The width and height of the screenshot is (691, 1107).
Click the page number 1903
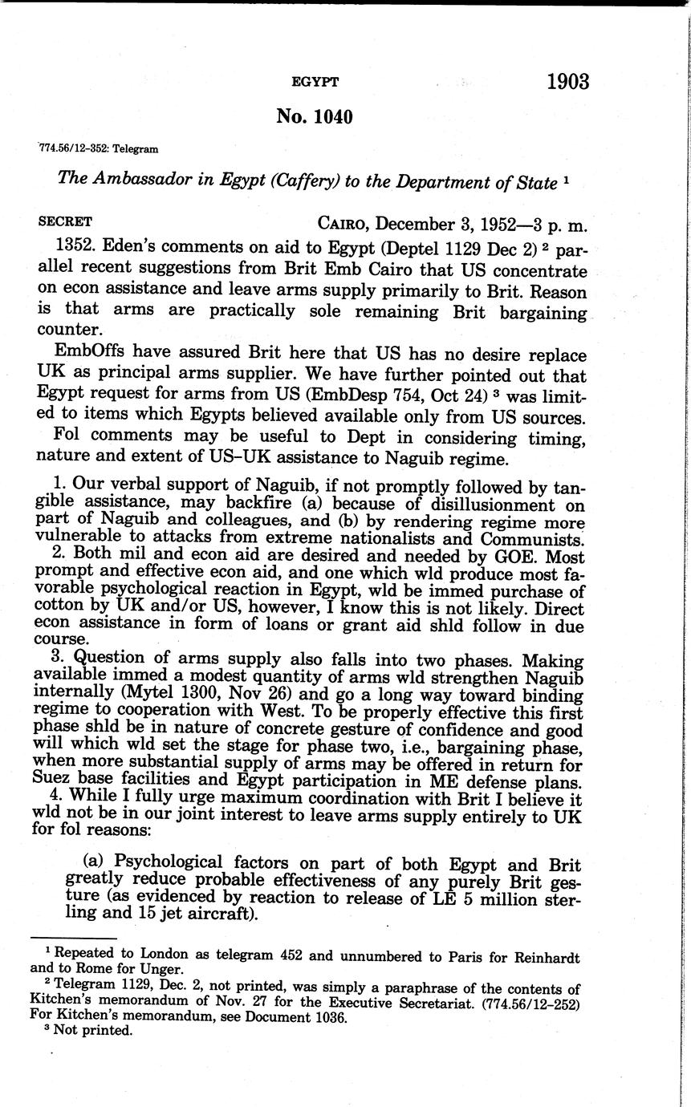pos(567,81)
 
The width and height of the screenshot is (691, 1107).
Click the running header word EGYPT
pos(315,82)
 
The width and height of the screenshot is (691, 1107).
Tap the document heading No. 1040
pos(314,116)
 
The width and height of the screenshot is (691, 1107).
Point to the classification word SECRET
pos(65,221)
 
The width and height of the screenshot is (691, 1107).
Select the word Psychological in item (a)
pos(168,863)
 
